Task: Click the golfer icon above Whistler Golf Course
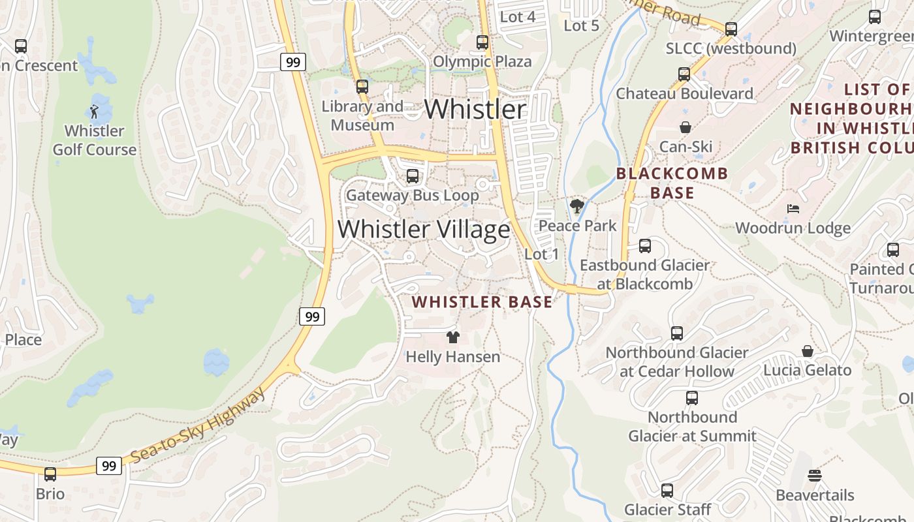tap(94, 112)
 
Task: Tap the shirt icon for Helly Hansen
tap(452, 337)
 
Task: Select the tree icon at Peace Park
tap(576, 207)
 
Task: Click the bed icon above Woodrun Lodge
tap(793, 209)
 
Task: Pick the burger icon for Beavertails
tap(814, 476)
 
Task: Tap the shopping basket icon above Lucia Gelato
tap(808, 351)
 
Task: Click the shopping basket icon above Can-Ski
tap(685, 127)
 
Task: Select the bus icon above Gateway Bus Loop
tap(412, 176)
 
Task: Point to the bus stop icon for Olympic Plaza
tap(482, 42)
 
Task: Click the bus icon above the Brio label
tap(50, 474)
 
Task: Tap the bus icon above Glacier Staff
tap(667, 490)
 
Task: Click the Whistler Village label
tap(424, 230)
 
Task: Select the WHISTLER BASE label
tap(482, 302)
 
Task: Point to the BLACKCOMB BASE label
tap(672, 183)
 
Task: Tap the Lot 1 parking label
tap(541, 254)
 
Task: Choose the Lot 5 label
tap(581, 25)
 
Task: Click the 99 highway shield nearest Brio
tap(108, 466)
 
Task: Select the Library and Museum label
tap(362, 115)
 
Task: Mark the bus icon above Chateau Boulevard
tap(684, 74)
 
